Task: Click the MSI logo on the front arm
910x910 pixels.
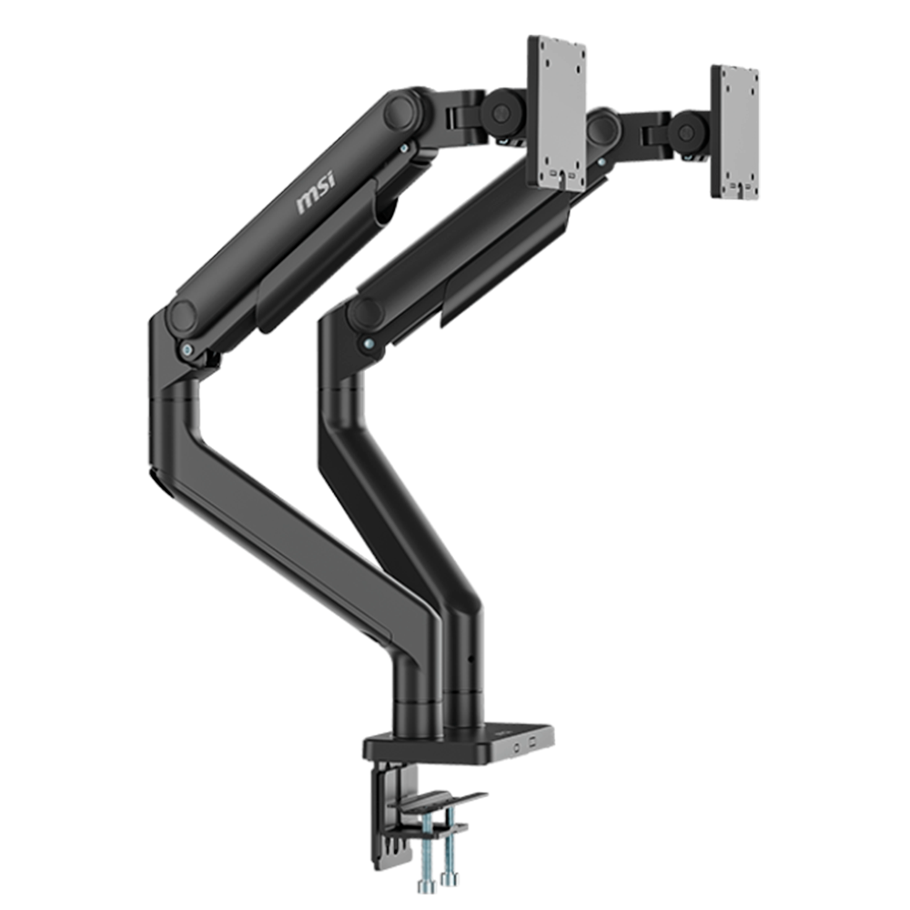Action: tap(316, 194)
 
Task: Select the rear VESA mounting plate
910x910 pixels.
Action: tap(734, 132)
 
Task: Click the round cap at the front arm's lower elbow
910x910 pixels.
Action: tap(183, 318)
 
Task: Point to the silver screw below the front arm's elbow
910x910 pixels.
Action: tap(187, 349)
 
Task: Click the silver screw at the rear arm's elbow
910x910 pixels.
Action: tap(369, 344)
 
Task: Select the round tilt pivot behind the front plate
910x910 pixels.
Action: tap(498, 111)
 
